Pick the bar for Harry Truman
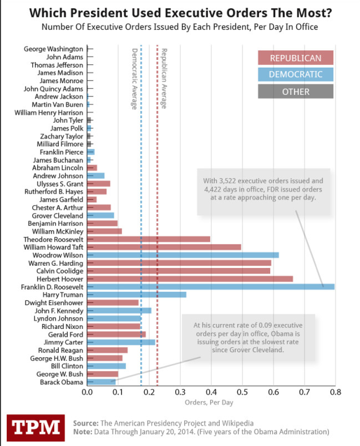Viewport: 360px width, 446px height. coord(137,295)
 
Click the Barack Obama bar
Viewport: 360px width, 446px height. coord(101,382)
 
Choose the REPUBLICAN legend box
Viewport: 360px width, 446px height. coord(296,58)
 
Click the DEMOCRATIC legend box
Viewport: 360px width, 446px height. coord(296,74)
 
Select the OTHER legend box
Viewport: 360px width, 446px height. coord(296,90)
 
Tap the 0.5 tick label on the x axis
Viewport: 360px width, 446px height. coord(242,392)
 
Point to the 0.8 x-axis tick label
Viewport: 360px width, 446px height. coord(335,392)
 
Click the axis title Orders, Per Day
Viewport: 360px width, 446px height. coord(209,403)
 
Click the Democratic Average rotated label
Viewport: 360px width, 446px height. coord(134,79)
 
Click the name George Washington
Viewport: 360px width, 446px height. coord(54,49)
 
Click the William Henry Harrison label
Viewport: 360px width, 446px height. coord(49,112)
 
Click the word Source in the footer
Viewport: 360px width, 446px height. coord(85,423)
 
